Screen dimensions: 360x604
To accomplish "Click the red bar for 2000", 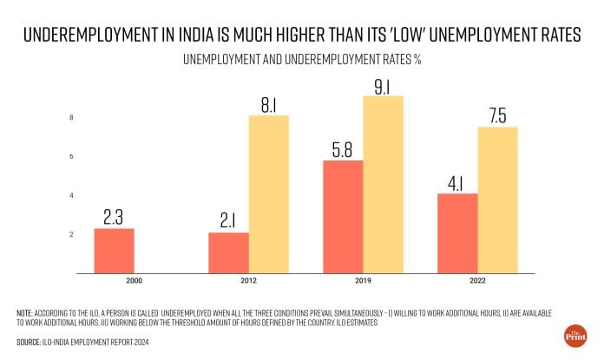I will tap(114, 251).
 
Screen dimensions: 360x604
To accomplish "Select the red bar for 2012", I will tap(229, 252).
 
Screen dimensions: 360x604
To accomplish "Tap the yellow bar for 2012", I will tap(268, 194).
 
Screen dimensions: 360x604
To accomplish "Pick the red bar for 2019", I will tap(344, 217).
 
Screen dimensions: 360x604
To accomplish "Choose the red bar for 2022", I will tap(458, 233).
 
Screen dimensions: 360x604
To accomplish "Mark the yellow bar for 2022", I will tap(497, 200).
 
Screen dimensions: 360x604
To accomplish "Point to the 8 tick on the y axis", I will tap(71, 118).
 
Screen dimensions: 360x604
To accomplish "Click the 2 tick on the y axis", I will tap(71, 235).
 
